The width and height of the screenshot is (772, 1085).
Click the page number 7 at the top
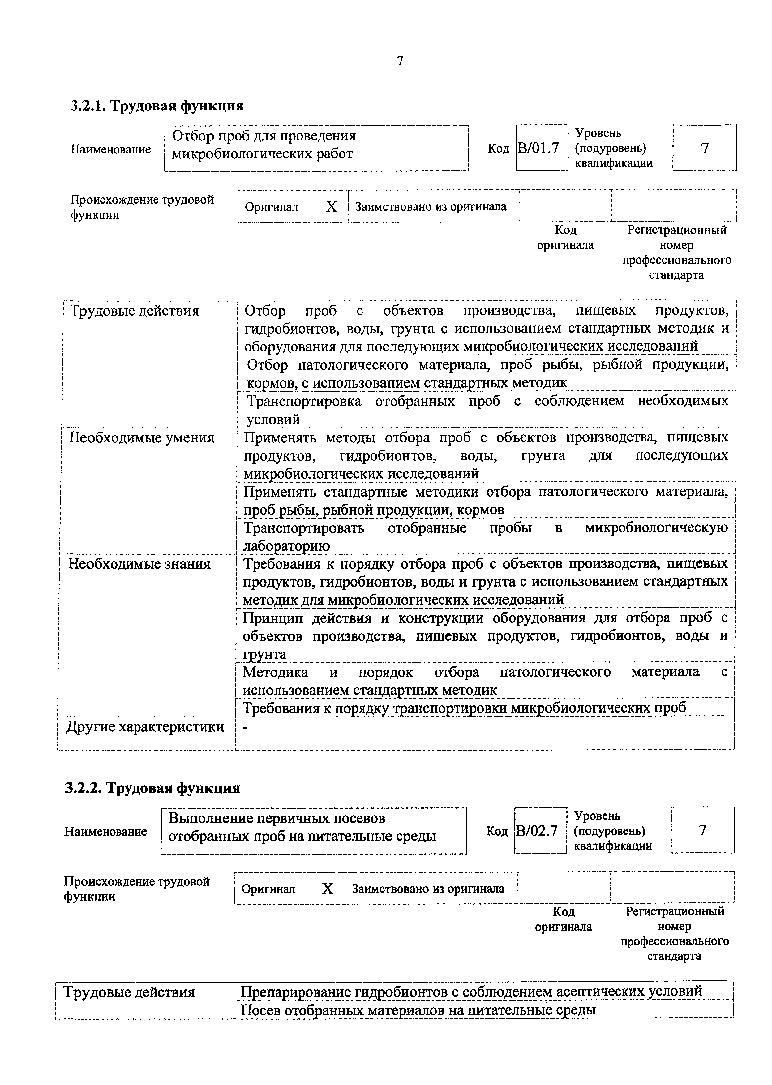(400, 61)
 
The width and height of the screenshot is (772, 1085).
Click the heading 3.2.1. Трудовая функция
(157, 105)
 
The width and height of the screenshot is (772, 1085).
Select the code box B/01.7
(542, 148)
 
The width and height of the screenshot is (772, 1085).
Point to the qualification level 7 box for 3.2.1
(705, 148)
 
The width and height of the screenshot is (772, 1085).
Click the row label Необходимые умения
(142, 437)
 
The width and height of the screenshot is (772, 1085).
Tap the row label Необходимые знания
(139, 564)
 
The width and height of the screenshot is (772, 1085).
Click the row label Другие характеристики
(144, 726)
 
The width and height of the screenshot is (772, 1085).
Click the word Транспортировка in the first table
(304, 401)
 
